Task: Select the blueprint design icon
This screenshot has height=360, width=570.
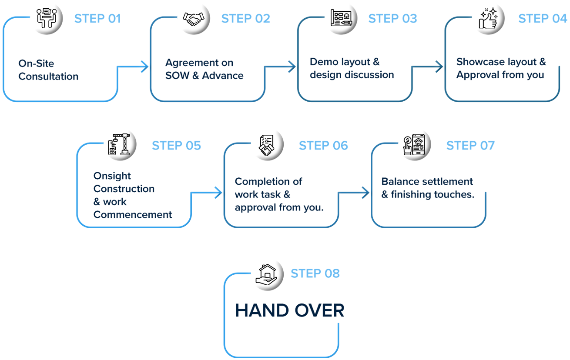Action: tap(341, 19)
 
